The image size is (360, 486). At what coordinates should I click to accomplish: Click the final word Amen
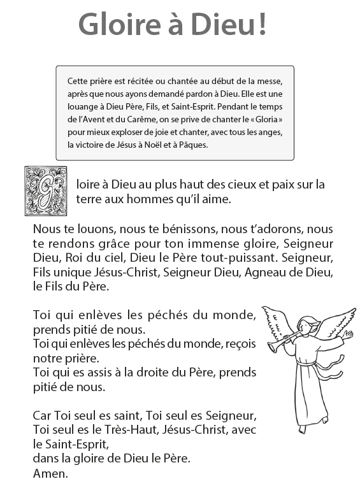[50, 474]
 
